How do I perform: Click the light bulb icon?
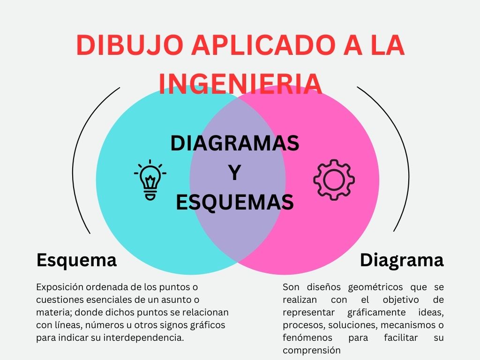150,180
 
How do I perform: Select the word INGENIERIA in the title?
240,83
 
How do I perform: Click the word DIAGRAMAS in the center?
234,143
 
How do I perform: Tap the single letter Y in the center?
234,173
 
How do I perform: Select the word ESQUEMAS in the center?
234,202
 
